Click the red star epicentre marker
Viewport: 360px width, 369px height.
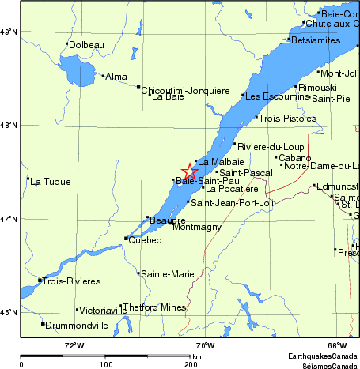tap(190, 171)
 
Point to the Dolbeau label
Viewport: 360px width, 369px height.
tap(87, 45)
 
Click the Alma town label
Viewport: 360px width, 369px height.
tap(116, 77)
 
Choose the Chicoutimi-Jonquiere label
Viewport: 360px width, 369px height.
tap(178, 91)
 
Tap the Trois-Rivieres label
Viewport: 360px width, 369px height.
tap(72, 281)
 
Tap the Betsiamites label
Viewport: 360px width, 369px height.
tap(317, 40)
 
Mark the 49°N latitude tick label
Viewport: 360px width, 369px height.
tap(9, 32)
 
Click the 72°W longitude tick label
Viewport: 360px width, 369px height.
tap(74, 345)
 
